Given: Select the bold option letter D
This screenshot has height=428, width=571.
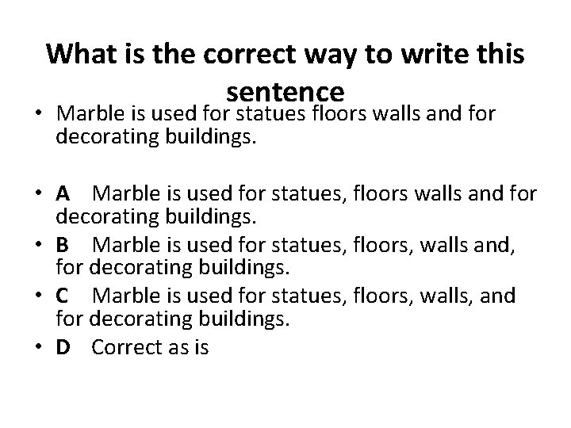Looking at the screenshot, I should [x=64, y=347].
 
